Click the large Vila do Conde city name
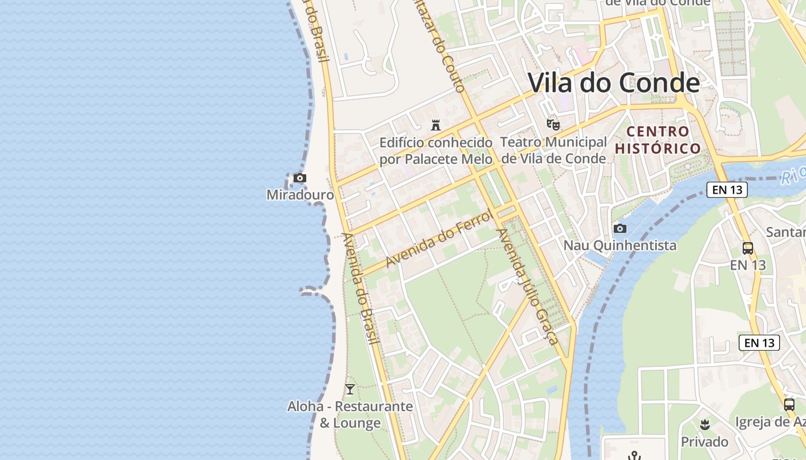pyautogui.click(x=614, y=83)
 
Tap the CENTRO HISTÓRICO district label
pyautogui.click(x=658, y=140)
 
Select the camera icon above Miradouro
pyautogui.click(x=299, y=178)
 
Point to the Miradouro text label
pyautogui.click(x=300, y=195)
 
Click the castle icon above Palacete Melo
pyautogui.click(x=436, y=125)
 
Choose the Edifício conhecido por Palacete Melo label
pyautogui.click(x=436, y=151)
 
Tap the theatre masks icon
pyautogui.click(x=553, y=124)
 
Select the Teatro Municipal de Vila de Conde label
pyautogui.click(x=553, y=150)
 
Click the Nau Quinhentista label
pyautogui.click(x=619, y=246)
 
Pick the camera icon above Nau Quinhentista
pyautogui.click(x=620, y=228)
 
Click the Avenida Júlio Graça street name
pyautogui.click(x=527, y=286)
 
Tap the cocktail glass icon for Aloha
pyautogui.click(x=349, y=389)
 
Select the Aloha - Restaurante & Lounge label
pyautogui.click(x=350, y=415)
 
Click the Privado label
pyautogui.click(x=704, y=442)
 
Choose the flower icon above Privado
pyautogui.click(x=704, y=425)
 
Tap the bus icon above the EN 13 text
pyautogui.click(x=748, y=248)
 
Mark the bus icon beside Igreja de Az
pyautogui.click(x=789, y=404)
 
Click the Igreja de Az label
pyautogui.click(x=770, y=421)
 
